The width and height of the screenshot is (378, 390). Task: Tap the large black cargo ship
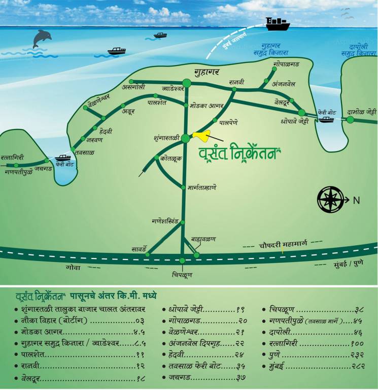point(277,23)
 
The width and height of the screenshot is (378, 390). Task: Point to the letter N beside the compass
point(356,200)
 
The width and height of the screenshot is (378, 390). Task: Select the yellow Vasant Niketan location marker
point(201,136)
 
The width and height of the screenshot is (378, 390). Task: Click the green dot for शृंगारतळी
point(186,138)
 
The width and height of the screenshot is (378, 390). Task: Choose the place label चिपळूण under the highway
point(182,275)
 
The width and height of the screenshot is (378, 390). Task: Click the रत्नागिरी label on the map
point(12,157)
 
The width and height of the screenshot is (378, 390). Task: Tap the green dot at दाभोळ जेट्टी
point(350,120)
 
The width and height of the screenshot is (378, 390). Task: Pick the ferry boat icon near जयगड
point(63,157)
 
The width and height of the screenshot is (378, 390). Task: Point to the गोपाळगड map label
point(287,64)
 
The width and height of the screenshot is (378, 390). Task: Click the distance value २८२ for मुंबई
point(357,366)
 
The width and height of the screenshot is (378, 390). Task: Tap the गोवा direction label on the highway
point(73,267)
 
